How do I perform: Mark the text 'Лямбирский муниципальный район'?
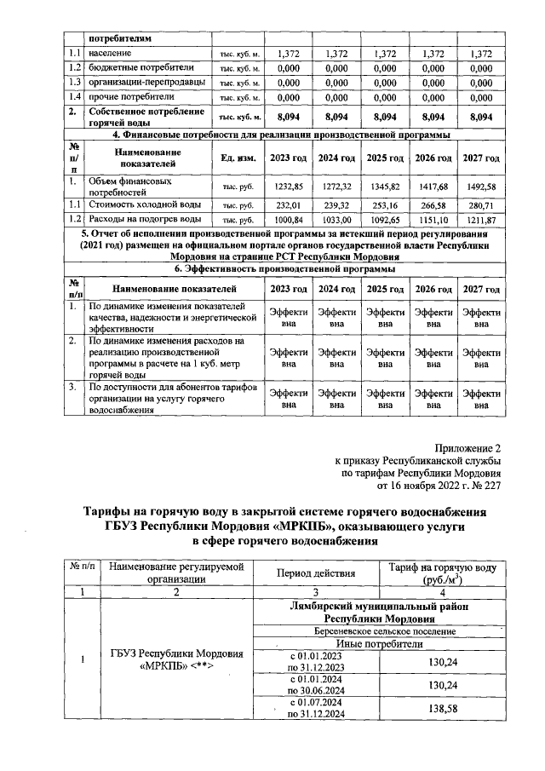tap(381, 606)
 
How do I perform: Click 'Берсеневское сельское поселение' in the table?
tap(381, 632)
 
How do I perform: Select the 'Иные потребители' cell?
tap(381, 645)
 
